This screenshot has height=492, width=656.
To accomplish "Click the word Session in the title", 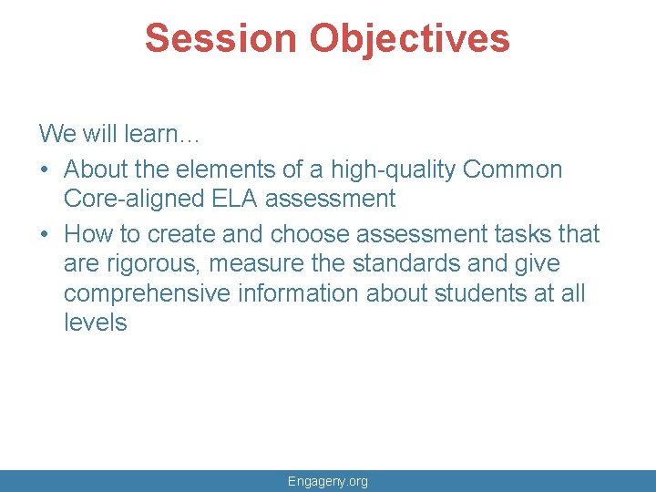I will pos(220,38).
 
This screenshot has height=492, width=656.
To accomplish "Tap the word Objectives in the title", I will pos(409,38).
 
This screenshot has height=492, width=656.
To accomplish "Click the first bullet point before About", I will pos(45,170).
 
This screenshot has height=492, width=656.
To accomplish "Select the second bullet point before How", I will pos(45,234).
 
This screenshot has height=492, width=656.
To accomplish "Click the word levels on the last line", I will pos(96,323).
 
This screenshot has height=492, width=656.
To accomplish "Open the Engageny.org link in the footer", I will pos(328,481).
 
